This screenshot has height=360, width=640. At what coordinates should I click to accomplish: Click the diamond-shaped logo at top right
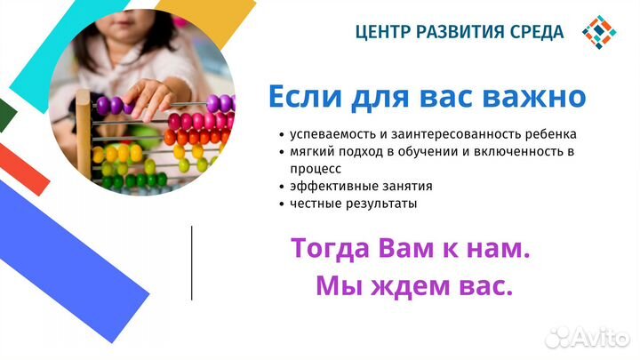[x=599, y=32]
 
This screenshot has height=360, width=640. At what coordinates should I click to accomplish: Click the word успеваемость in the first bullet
[x=330, y=134]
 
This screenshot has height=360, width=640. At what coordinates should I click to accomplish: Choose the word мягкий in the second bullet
[x=310, y=152]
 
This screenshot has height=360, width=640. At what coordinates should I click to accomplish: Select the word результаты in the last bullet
[x=384, y=204]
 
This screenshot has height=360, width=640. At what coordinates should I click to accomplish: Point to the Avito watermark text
[x=588, y=337]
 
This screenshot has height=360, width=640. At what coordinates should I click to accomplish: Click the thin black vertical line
[x=191, y=262]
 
